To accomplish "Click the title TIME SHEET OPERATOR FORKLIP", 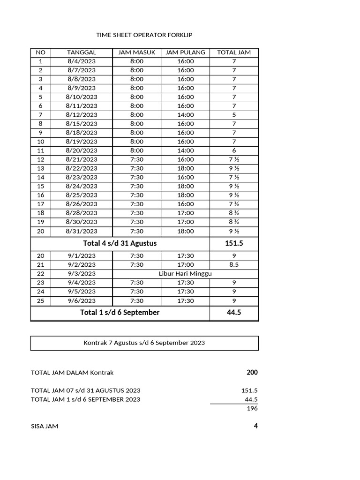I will pyautogui.click(x=144, y=35).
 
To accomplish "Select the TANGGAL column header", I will pyautogui.click(x=82, y=52).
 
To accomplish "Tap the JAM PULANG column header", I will pyautogui.click(x=186, y=52).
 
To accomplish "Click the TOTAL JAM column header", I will pyautogui.click(x=234, y=52).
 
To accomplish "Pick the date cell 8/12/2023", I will pyautogui.click(x=82, y=115).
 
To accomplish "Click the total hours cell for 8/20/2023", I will pyautogui.click(x=234, y=150).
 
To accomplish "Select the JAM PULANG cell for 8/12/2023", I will pyautogui.click(x=186, y=115).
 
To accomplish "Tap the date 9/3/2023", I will pyautogui.click(x=82, y=274).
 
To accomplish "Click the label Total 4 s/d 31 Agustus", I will pyautogui.click(x=120, y=244).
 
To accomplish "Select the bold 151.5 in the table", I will pyautogui.click(x=234, y=244).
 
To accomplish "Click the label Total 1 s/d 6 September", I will pyautogui.click(x=120, y=313).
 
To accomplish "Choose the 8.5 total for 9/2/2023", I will pyautogui.click(x=234, y=265).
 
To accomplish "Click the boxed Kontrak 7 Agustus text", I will pyautogui.click(x=144, y=343).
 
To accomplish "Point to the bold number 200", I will pyautogui.click(x=252, y=373).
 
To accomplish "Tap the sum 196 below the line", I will pyautogui.click(x=252, y=408).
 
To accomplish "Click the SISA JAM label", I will pyautogui.click(x=45, y=427).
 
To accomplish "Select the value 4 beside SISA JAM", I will pyautogui.click(x=255, y=426).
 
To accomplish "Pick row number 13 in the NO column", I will pyautogui.click(x=41, y=168).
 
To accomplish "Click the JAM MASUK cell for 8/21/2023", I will pyautogui.click(x=136, y=159).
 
